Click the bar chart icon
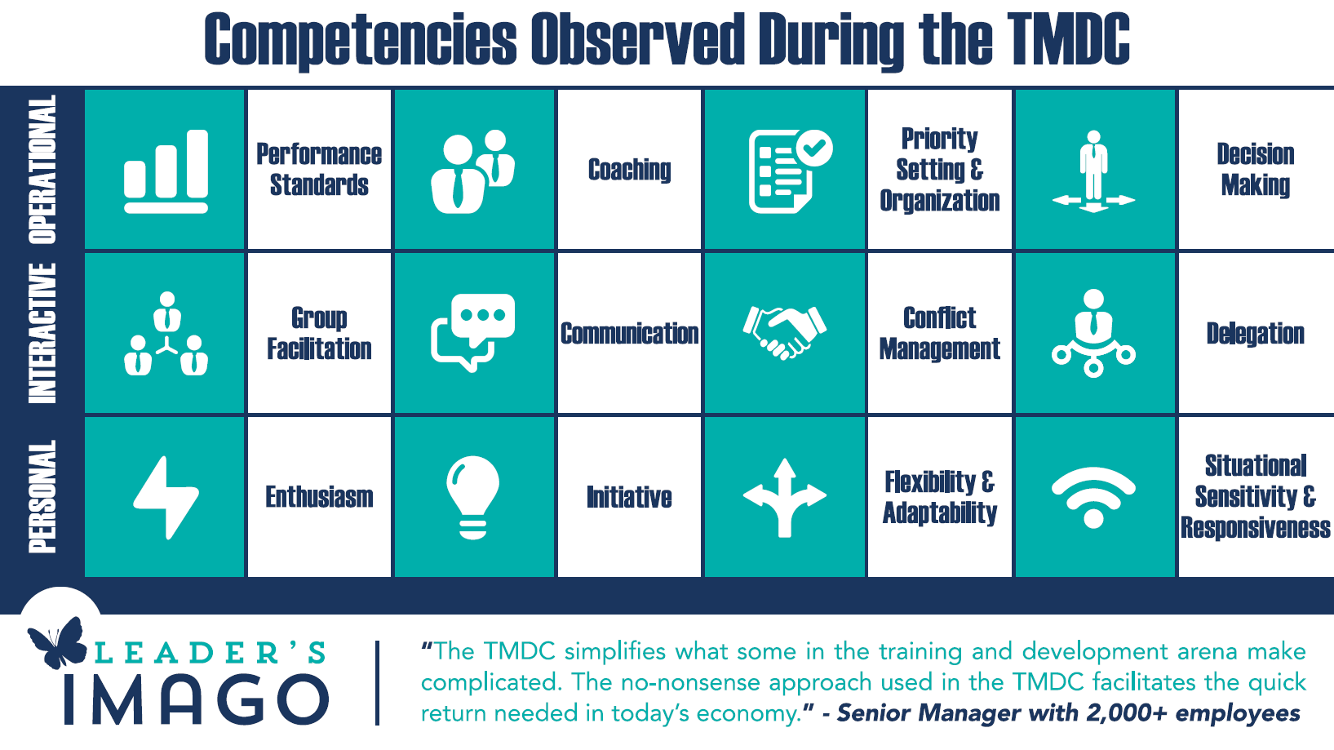[166, 171]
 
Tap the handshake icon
[785, 333]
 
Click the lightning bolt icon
[166, 498]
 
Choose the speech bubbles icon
[473, 333]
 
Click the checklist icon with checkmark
[791, 171]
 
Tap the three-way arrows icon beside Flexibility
[785, 498]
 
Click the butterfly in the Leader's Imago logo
[58, 642]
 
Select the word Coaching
[630, 170]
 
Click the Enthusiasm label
[319, 497]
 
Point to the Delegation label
[1256, 334]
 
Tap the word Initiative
[630, 497]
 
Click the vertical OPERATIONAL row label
[42, 169]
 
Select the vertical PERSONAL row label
[42, 496]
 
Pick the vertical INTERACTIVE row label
[42, 333]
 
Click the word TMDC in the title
[1068, 38]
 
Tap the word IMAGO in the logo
[196, 699]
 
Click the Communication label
[630, 334]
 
